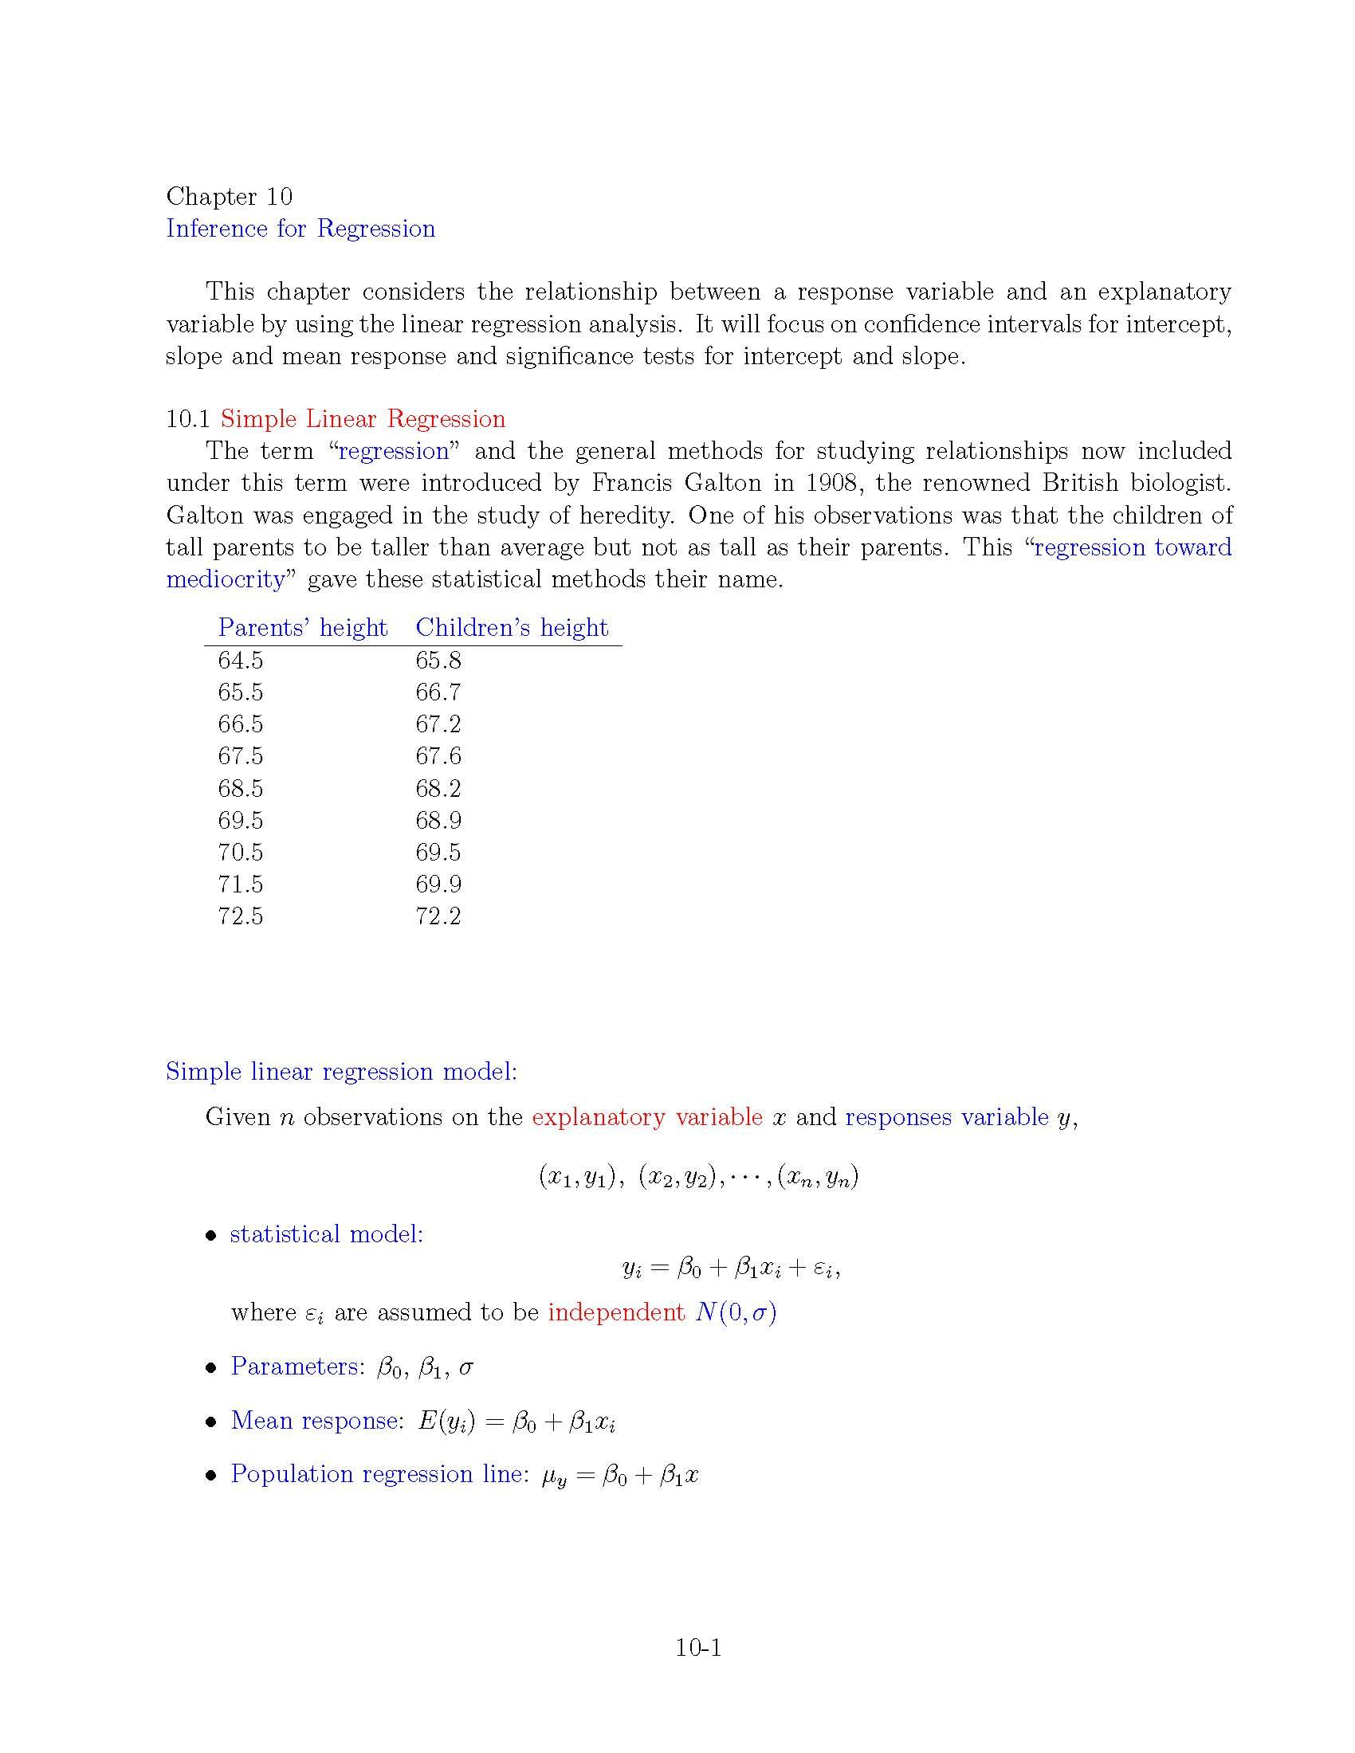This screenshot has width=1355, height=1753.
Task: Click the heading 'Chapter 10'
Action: (x=229, y=196)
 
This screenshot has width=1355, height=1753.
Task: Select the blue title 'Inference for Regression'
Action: (x=300, y=229)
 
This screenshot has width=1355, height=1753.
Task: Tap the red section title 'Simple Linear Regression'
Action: (x=363, y=419)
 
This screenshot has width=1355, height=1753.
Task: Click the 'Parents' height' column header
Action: (x=303, y=628)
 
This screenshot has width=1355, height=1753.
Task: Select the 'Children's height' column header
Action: (x=512, y=628)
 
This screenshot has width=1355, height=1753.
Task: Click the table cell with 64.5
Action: (x=240, y=661)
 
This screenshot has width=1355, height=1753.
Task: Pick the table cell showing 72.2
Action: (x=438, y=916)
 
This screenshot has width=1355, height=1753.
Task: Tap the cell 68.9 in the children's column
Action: (x=438, y=820)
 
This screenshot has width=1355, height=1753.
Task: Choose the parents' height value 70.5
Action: (x=240, y=853)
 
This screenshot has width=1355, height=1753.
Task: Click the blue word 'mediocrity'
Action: (x=226, y=579)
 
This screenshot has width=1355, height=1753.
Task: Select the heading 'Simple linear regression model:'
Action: (x=341, y=1072)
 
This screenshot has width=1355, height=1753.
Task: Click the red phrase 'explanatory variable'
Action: (x=647, y=1117)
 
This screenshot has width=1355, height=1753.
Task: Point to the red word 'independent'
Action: (x=615, y=1312)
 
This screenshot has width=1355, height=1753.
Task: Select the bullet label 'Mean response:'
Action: (x=316, y=1420)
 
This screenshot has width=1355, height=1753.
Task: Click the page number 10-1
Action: (x=698, y=1648)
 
